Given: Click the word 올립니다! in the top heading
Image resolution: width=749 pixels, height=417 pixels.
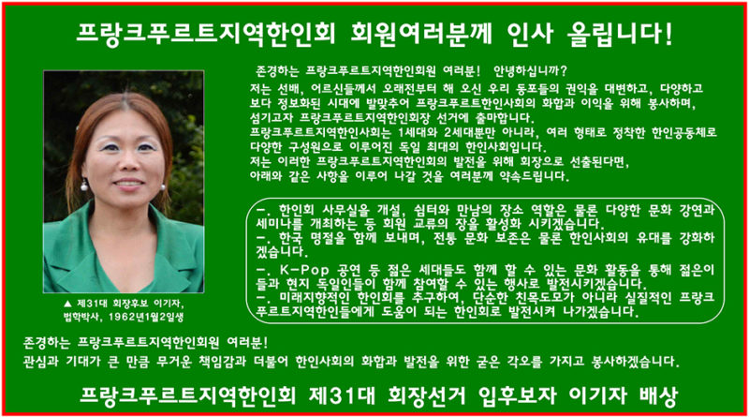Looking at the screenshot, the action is [x=620, y=34].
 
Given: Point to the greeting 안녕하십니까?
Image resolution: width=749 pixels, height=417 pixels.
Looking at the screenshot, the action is [x=530, y=71].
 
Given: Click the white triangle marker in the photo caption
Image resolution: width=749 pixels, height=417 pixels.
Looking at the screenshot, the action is [x=67, y=304].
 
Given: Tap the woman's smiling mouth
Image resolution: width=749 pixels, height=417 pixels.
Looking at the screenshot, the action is [x=128, y=184].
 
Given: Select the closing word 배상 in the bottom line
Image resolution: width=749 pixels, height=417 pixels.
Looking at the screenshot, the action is [x=658, y=396].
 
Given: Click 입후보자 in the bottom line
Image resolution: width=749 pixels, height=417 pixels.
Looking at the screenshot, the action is [x=517, y=396].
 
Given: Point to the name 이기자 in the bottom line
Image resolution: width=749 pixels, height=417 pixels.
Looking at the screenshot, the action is [x=597, y=396].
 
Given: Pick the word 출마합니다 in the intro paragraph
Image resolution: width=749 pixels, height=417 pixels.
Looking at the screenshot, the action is [x=506, y=118].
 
